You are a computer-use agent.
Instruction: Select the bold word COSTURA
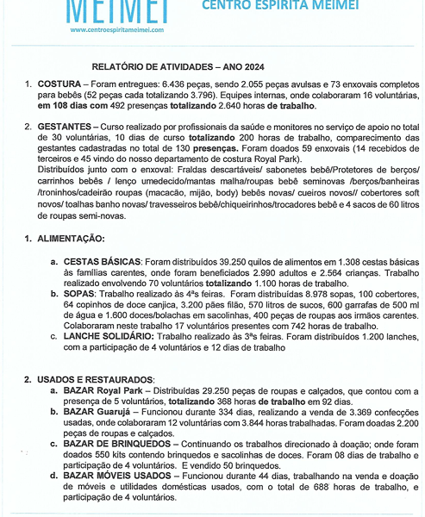[x=58, y=84]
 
